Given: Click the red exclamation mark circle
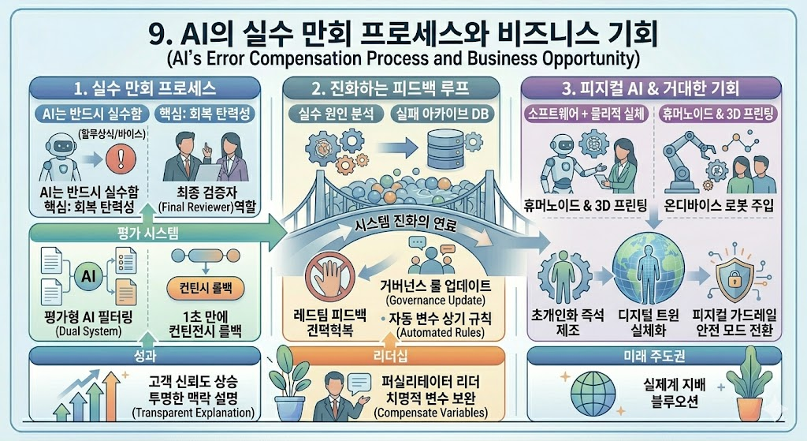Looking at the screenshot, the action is (121, 158).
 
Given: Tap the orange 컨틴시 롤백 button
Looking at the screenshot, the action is (206, 287).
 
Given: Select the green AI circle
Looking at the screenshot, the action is (88, 276).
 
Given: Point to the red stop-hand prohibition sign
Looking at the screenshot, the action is (330, 278).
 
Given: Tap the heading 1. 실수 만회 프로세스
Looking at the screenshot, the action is (145, 88).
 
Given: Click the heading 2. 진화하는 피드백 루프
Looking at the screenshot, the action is (391, 88).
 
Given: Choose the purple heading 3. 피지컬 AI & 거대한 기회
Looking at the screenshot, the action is (650, 88).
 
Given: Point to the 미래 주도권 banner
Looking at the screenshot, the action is (654, 356).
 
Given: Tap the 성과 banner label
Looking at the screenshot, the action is (145, 356).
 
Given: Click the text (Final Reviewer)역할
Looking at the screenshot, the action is (207, 207).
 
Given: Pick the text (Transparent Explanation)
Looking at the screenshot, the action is (194, 413).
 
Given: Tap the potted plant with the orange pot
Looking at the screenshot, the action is (752, 384).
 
